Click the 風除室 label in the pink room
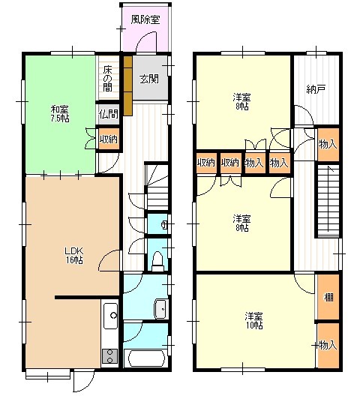[x=145, y=19]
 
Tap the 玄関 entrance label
[x=149, y=79]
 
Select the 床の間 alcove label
[x=108, y=79]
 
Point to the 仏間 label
[x=109, y=114]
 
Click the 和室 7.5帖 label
[x=60, y=114]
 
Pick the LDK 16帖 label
[x=73, y=256]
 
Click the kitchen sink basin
[x=111, y=316]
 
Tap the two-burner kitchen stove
[x=110, y=356]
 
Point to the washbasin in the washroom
[x=160, y=309]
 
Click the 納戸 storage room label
[x=316, y=89]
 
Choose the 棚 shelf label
[x=328, y=297]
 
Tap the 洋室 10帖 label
[x=254, y=321]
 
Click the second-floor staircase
[x=328, y=201]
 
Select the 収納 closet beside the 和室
[x=109, y=139]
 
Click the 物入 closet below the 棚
[x=328, y=345]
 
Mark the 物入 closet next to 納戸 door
[x=328, y=145]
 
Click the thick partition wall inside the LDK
[x=87, y=297]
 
